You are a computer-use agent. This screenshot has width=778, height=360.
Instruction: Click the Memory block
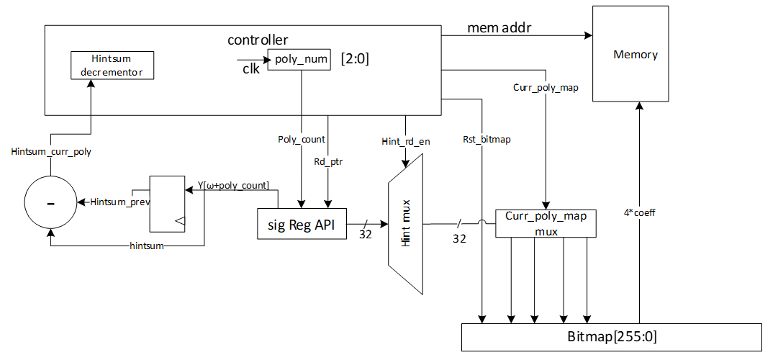635,54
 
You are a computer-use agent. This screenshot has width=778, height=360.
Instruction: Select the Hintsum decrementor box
112,66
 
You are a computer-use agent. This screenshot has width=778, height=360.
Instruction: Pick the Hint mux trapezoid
405,233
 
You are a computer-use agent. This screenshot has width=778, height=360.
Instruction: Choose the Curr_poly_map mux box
546,223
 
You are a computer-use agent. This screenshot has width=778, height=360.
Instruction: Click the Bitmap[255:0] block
610,337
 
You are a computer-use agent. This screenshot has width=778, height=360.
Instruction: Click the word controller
258,40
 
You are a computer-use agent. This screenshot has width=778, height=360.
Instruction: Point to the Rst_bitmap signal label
487,139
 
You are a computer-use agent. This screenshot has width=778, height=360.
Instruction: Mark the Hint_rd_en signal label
406,141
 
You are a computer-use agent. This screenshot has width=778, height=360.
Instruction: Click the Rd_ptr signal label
329,162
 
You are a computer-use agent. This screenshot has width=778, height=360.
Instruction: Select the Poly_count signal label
301,139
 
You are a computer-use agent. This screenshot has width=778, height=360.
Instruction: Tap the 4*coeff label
639,212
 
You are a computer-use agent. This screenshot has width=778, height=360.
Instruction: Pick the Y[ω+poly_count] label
233,186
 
